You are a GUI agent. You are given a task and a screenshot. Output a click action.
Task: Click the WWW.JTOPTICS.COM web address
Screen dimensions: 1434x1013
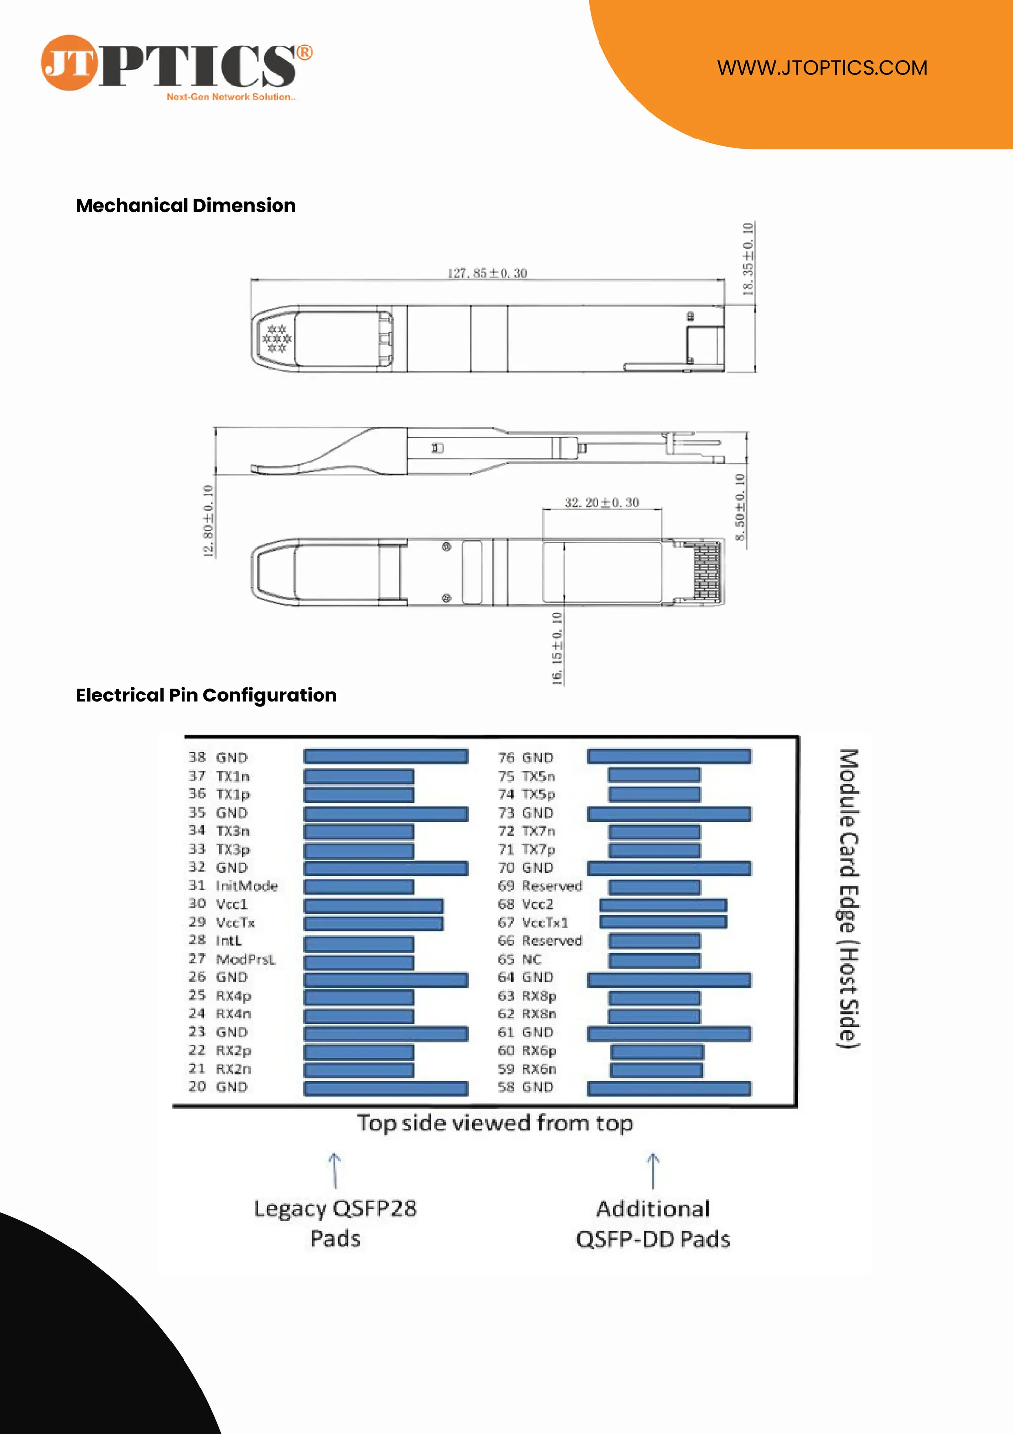(x=822, y=67)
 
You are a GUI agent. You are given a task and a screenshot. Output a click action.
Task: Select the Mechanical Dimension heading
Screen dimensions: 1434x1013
(x=185, y=205)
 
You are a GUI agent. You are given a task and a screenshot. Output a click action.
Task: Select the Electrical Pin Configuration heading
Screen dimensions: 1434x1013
(x=206, y=695)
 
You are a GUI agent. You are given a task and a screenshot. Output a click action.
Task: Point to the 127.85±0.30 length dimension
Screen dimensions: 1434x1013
(x=487, y=273)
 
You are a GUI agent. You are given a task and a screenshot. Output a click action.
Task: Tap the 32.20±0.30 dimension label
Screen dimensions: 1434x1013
(x=601, y=502)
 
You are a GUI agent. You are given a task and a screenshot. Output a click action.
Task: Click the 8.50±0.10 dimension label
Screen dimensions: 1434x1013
(x=739, y=507)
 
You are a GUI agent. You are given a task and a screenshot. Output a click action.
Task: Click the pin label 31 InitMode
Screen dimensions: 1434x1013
(x=233, y=885)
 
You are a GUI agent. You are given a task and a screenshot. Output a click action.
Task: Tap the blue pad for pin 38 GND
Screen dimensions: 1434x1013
(x=385, y=757)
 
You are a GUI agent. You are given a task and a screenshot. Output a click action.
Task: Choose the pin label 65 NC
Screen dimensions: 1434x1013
(x=519, y=959)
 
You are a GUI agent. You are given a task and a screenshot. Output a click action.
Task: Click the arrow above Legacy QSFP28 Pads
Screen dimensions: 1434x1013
(x=335, y=1170)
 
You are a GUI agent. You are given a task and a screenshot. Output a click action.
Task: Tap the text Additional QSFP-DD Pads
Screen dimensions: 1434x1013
(x=652, y=1223)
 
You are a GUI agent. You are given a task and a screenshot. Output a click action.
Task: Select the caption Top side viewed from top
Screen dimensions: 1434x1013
(x=495, y=1123)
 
